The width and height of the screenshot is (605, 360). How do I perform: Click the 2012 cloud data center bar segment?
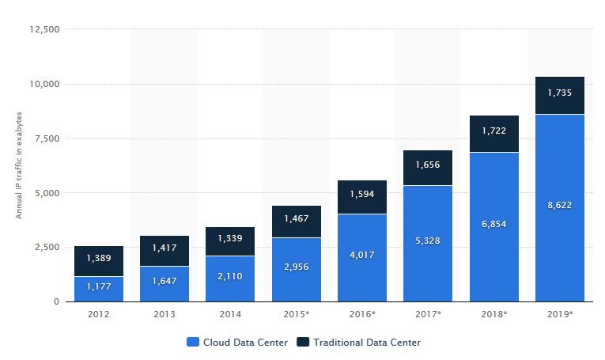click(99, 289)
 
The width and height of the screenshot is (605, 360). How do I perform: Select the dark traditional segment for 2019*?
click(559, 95)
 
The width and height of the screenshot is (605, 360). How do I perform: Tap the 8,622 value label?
click(559, 205)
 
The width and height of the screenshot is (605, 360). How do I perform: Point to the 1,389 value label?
click(99, 258)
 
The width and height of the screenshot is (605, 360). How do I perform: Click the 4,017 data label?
click(362, 255)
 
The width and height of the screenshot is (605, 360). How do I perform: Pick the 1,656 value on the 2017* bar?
click(428, 165)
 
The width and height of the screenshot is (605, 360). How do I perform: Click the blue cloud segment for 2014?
click(230, 279)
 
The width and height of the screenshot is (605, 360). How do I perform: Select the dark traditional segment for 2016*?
click(362, 197)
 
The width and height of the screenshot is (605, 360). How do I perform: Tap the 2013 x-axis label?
click(164, 314)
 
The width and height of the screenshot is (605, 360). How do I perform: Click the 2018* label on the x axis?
click(493, 314)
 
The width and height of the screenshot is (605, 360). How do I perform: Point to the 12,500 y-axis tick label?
click(45, 29)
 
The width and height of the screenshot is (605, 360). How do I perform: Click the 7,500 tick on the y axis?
click(47, 138)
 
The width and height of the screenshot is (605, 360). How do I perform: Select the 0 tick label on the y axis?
click(56, 301)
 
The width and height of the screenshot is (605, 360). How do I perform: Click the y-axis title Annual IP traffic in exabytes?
click(19, 165)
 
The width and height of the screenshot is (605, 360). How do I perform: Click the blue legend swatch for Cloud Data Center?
click(193, 342)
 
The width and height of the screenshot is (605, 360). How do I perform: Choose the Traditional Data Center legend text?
click(367, 343)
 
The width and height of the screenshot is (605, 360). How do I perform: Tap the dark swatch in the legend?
click(303, 342)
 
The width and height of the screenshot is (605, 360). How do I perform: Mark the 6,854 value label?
click(493, 224)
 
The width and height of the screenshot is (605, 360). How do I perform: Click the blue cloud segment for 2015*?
click(297, 270)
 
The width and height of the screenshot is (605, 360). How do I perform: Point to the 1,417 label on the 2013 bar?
click(164, 248)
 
